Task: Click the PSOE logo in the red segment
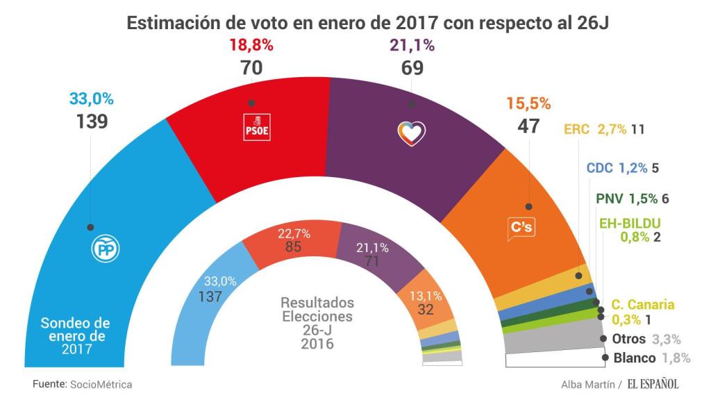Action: [256, 128]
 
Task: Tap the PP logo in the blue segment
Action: [106, 249]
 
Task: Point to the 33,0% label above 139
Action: [91, 100]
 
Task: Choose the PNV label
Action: [610, 198]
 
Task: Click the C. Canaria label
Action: [642, 305]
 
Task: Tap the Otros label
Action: [630, 339]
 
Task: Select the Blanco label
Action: [635, 358]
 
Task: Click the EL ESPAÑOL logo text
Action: [653, 383]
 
